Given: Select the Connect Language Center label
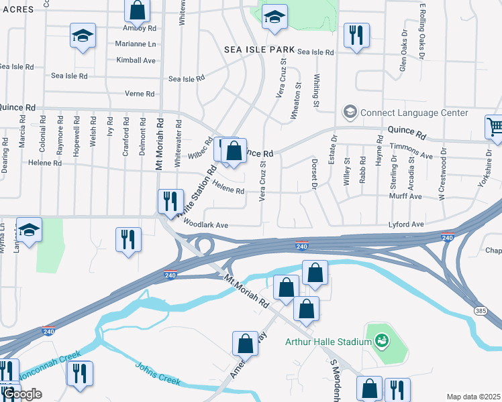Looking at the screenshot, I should tap(414, 113).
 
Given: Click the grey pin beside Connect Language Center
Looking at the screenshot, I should tap(349, 111).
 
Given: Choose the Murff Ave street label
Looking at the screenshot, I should tap(405, 197).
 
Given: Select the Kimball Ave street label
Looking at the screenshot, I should tap(136, 60).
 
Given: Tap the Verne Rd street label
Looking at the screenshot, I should tap(140, 94).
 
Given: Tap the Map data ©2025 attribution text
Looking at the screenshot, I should tap(472, 397).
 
